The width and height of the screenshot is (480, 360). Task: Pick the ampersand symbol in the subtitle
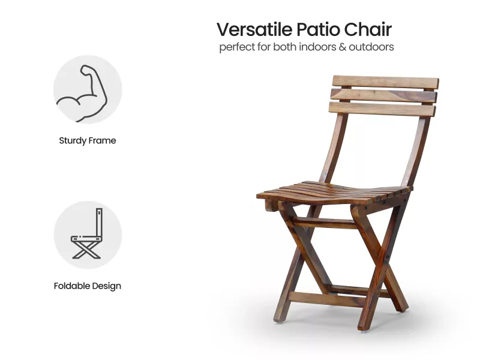pyautogui.click(x=343, y=47)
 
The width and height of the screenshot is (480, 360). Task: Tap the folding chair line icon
pyautogui.click(x=88, y=235)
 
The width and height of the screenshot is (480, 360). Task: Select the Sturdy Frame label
pyautogui.click(x=88, y=141)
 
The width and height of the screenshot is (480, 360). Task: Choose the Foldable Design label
pyautogui.click(x=88, y=286)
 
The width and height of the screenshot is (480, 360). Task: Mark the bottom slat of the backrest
pyautogui.click(x=382, y=109)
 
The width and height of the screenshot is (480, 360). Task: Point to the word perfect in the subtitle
pyautogui.click(x=237, y=47)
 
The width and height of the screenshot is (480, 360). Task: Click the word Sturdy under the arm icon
pyautogui.click(x=73, y=141)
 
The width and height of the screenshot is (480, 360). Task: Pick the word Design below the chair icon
pyautogui.click(x=106, y=286)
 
